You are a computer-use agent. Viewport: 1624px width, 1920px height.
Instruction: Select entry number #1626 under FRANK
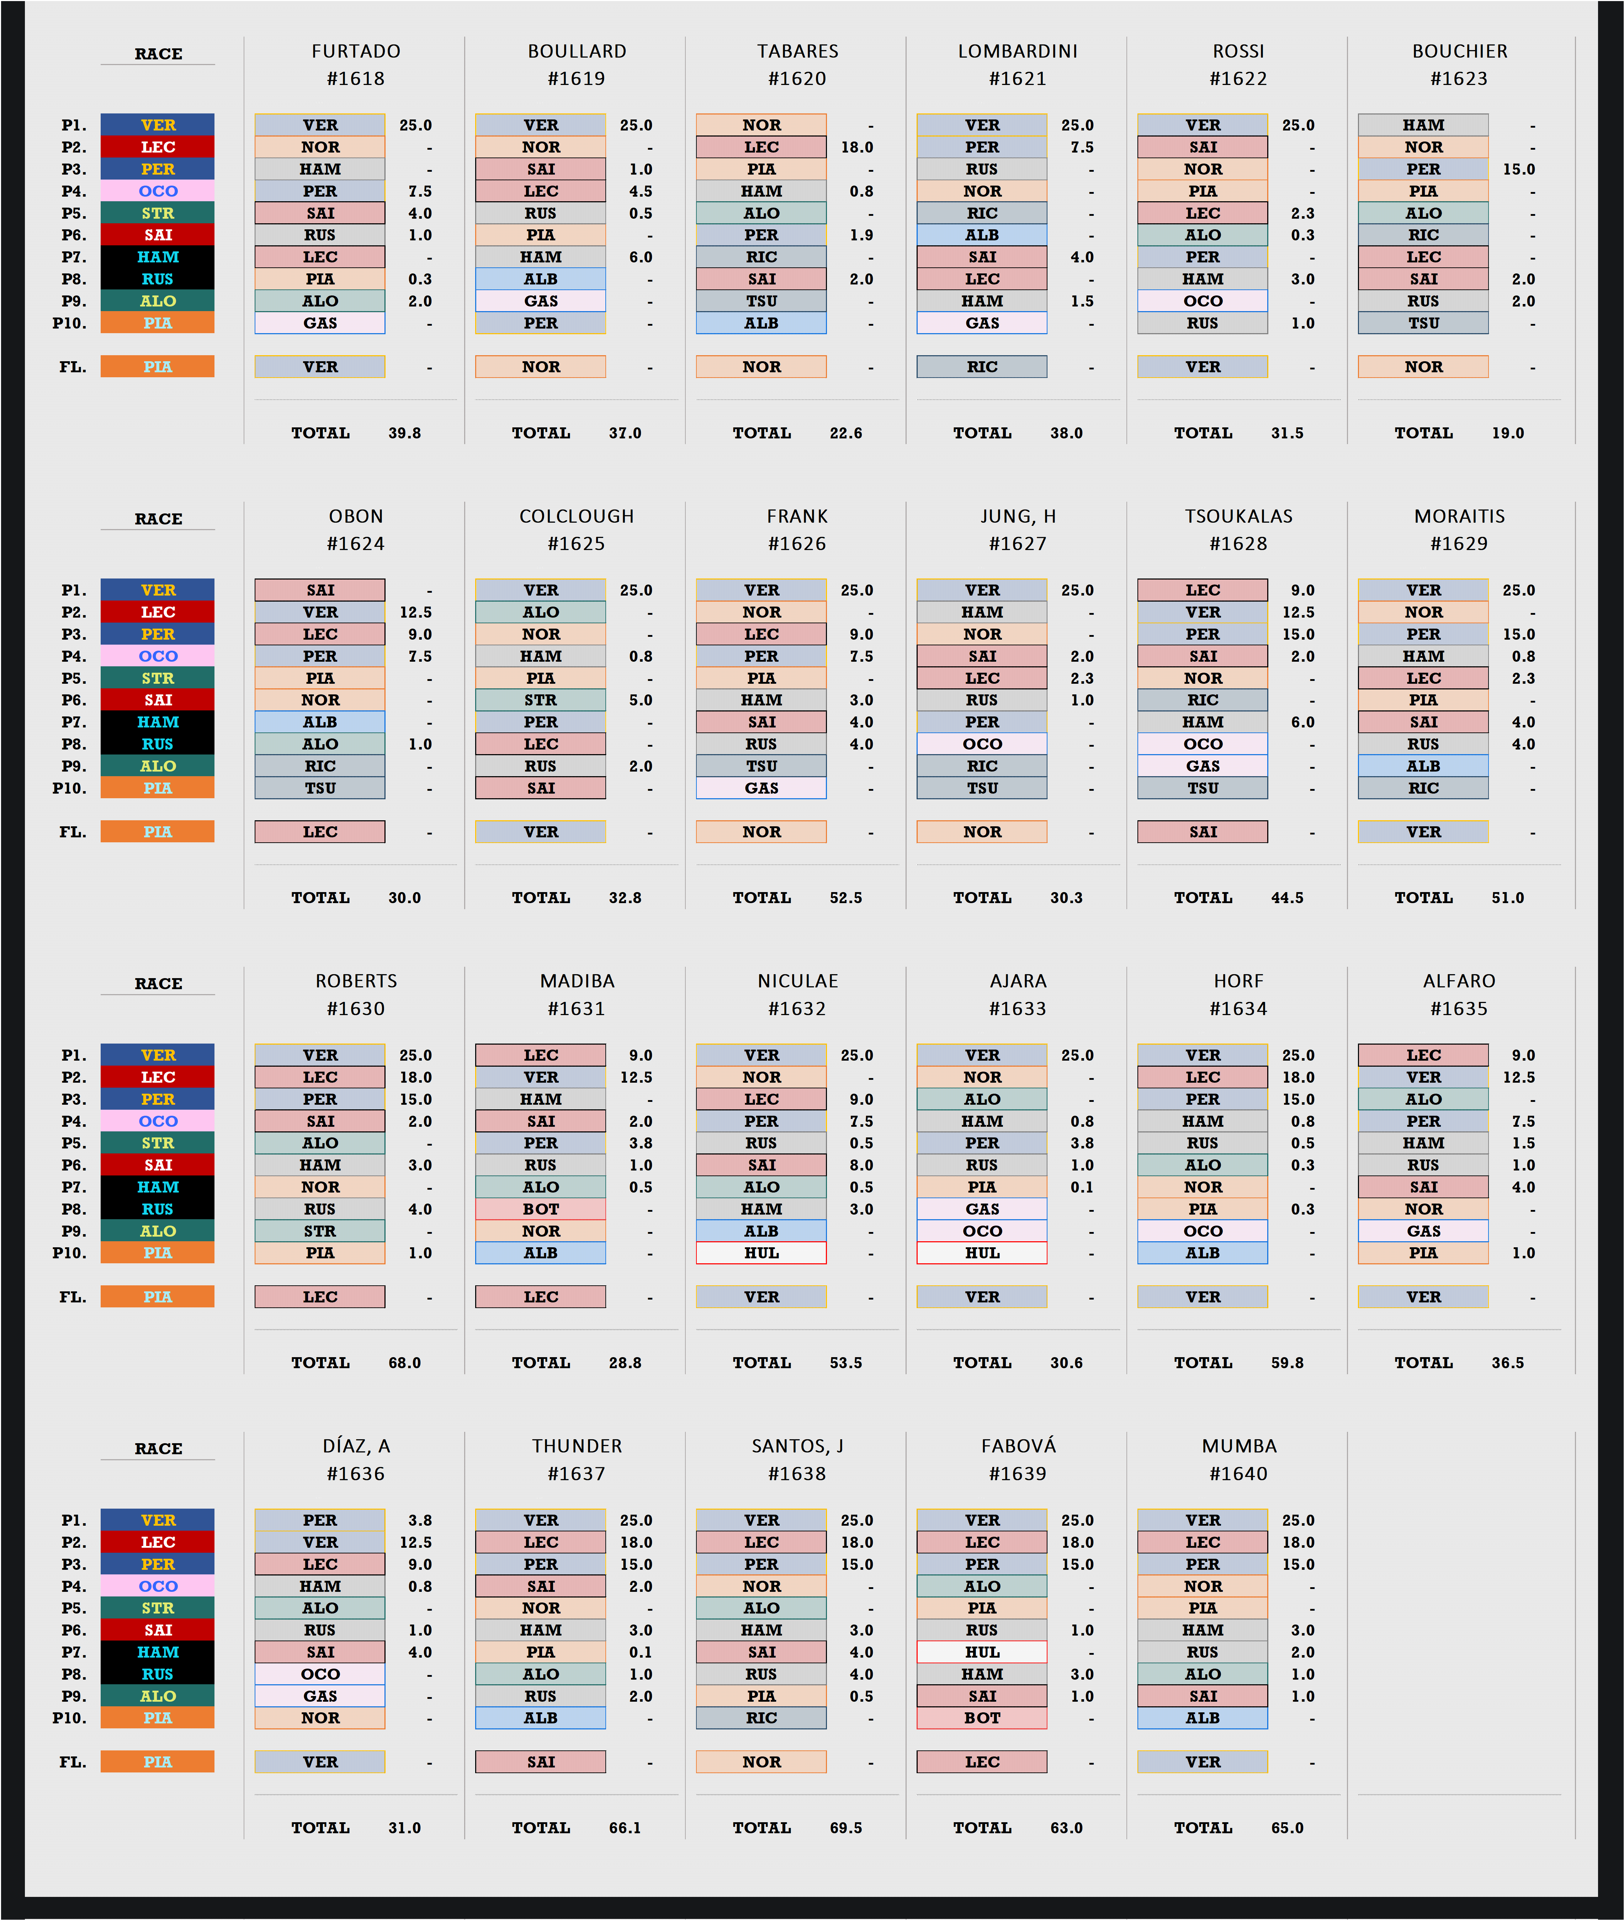797,544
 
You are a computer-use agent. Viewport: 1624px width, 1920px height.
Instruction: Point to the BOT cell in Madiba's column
540,1210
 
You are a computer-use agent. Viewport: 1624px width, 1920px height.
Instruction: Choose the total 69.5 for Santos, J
845,1828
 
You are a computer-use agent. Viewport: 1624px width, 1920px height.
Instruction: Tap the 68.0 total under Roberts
404,1363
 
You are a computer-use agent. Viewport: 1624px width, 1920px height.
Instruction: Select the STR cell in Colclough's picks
540,700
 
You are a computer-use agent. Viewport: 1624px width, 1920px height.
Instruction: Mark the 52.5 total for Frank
845,898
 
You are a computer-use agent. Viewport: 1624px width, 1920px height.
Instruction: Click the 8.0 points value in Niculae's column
861,1165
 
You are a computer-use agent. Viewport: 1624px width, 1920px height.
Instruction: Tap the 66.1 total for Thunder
624,1828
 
